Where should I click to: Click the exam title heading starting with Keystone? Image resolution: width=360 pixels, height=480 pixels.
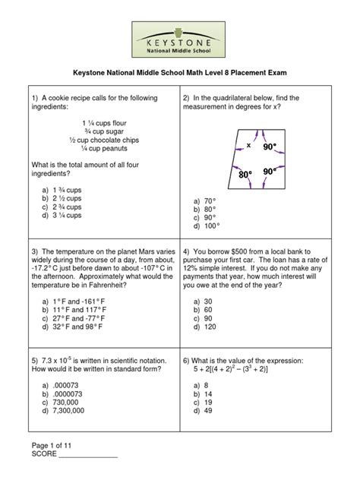pos(179,74)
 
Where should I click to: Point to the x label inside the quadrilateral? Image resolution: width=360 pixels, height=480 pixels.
pos(248,144)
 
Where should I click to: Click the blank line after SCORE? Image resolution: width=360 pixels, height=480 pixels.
pos(88,456)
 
